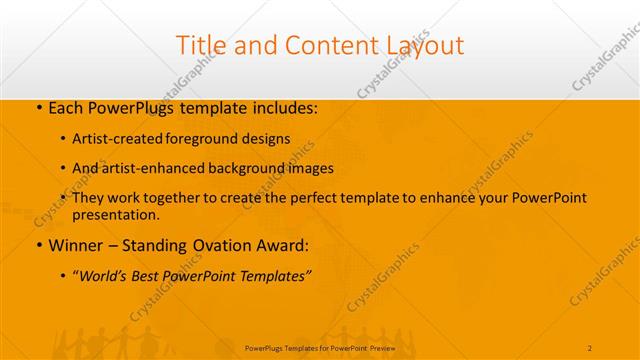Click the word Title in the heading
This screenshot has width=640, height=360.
[200, 46]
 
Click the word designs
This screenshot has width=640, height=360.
[264, 138]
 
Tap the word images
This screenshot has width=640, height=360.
[308, 168]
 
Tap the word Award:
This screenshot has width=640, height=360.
[290, 245]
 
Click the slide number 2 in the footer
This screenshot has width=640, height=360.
[589, 347]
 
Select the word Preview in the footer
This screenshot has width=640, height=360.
[380, 347]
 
